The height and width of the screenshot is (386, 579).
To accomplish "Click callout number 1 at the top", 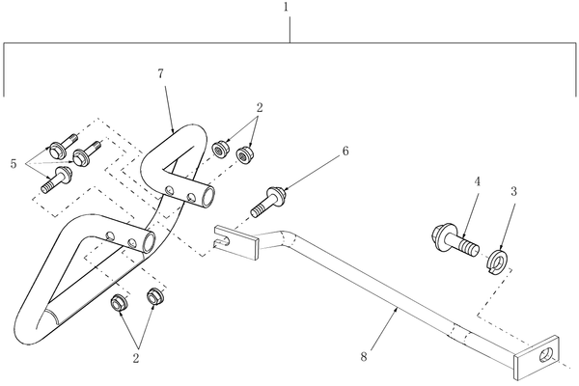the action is (x=287, y=8).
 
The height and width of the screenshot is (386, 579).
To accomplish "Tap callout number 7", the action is (x=160, y=74).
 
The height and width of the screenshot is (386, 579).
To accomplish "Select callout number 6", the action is (x=345, y=151).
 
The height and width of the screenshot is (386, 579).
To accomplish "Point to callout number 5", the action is (x=14, y=164).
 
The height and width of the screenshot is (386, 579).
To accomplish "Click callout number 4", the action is (x=477, y=181).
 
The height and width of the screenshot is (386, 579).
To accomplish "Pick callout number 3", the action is (x=513, y=191).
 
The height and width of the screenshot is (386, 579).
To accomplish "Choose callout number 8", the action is (x=364, y=357).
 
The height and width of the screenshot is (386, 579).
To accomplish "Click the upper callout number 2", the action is (x=260, y=108).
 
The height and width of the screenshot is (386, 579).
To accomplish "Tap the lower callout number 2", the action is (x=136, y=358).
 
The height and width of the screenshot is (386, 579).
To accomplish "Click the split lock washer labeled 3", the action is (x=498, y=262).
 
